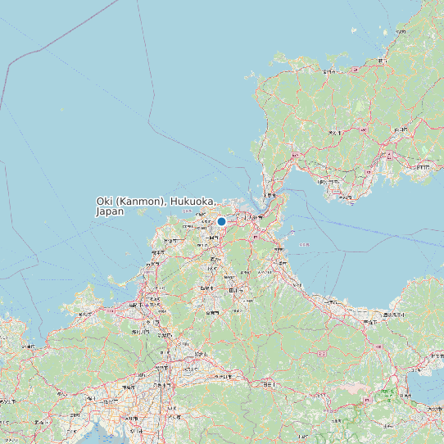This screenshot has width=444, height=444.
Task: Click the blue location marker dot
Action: [221, 221]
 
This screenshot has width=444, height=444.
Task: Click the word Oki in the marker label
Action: [104, 202]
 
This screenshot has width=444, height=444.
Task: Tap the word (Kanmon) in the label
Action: [140, 202]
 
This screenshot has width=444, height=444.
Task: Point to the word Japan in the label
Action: [110, 211]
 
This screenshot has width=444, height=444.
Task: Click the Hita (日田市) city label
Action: [270, 383]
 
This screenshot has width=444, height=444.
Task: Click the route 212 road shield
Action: [322, 353]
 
